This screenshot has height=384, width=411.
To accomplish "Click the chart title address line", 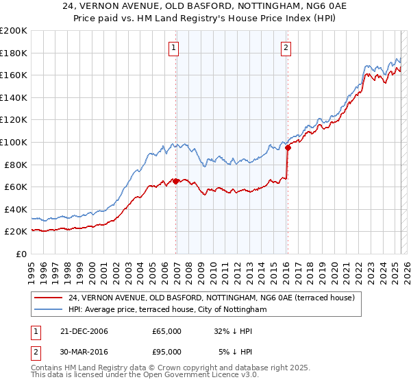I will [x=206, y=7].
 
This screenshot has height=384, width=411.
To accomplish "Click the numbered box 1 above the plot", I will [x=174, y=47].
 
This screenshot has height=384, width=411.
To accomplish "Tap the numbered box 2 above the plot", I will [x=285, y=47].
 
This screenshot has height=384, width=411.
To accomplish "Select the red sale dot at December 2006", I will [x=176, y=181].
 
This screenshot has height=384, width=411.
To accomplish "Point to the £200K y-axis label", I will [x=14, y=31].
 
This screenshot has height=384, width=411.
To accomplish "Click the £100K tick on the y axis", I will [x=14, y=142].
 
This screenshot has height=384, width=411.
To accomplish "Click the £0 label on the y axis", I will [x=21, y=254].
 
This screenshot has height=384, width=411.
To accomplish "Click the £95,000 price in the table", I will [x=166, y=352].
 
